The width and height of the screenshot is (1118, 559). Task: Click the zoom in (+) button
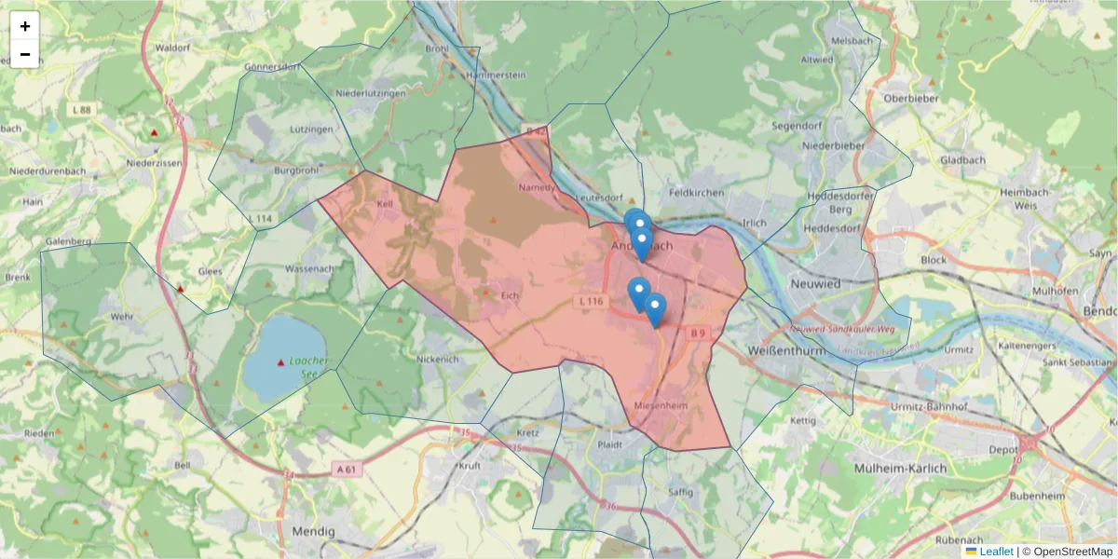(25, 26)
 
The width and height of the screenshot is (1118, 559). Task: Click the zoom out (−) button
(25, 54)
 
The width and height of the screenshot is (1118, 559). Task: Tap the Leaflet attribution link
(995, 552)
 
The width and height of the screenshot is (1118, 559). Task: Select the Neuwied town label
(814, 283)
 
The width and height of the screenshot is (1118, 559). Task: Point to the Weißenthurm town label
(788, 349)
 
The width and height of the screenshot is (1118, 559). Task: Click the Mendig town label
(313, 530)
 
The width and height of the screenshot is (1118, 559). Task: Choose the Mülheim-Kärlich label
(900, 468)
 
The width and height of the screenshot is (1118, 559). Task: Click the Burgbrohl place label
(297, 170)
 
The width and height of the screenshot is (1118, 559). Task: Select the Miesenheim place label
(660, 407)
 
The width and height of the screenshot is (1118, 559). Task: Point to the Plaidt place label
(609, 445)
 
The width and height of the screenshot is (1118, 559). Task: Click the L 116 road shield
(592, 302)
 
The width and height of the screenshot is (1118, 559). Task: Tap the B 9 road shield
(699, 332)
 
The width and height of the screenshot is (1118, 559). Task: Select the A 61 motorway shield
(346, 470)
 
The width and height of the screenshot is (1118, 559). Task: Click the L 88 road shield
(82, 110)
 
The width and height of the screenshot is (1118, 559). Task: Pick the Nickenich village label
(438, 358)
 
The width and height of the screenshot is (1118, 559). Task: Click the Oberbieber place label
(910, 98)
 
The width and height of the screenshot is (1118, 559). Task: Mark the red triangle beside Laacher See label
(281, 362)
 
